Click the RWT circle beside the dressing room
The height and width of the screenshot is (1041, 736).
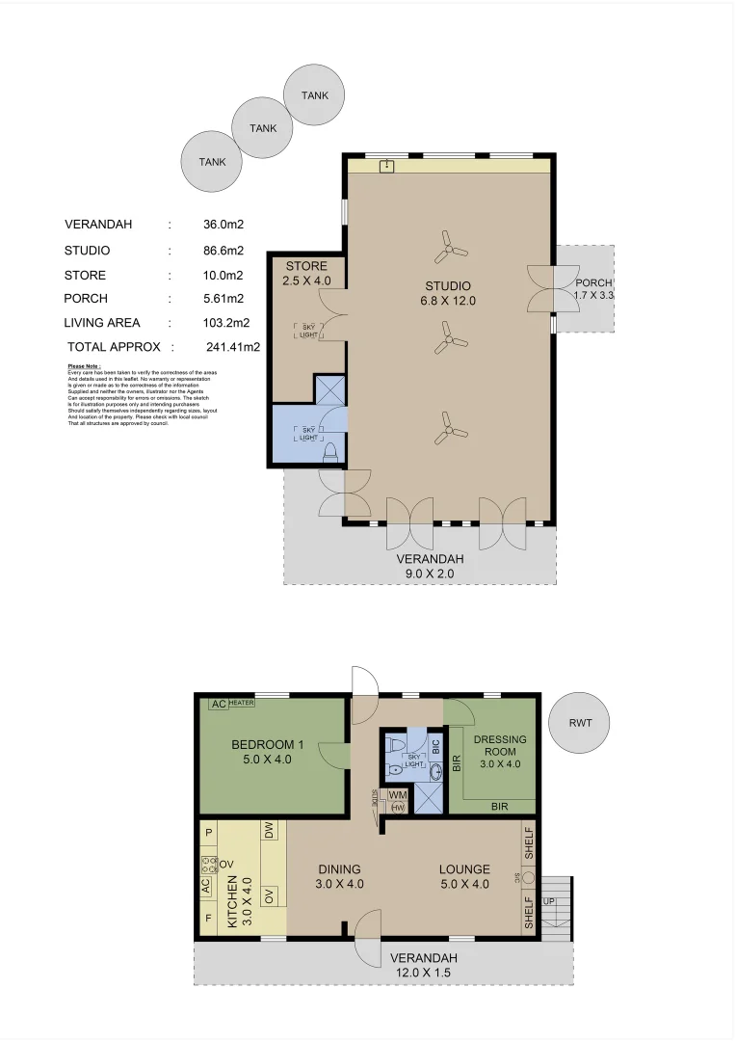coord(579,722)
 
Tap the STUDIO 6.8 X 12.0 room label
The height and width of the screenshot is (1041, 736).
coord(449,293)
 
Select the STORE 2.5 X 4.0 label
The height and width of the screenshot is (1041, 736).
coord(305,274)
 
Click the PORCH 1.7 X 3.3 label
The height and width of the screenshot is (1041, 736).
coord(593,289)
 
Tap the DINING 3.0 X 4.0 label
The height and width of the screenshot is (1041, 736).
coord(339,875)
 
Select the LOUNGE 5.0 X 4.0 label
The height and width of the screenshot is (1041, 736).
coord(465,875)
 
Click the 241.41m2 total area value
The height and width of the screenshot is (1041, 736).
coord(233,346)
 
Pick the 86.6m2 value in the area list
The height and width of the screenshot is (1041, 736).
coord(223,251)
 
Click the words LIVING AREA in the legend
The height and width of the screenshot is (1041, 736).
coord(102,323)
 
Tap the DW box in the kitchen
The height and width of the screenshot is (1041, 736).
coord(269,829)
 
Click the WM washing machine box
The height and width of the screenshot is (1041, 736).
coord(397,795)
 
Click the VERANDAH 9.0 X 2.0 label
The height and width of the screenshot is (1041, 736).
coord(431,566)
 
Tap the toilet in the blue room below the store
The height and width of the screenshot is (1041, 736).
coord(329,452)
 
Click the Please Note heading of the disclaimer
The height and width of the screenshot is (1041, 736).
coord(84,366)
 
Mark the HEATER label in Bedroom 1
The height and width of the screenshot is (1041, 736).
coord(241,704)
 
